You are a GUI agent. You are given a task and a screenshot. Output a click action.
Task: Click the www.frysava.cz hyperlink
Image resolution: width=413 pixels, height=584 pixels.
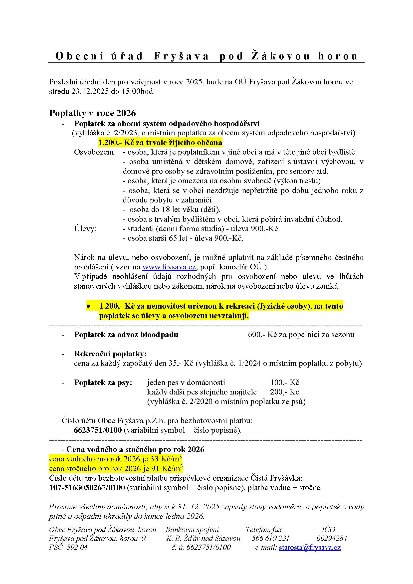point(169,267)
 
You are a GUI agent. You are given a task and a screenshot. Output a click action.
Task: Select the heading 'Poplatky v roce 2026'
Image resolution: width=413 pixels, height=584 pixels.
point(93,113)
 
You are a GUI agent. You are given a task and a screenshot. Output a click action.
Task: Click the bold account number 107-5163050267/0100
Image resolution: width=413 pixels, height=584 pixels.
point(87,488)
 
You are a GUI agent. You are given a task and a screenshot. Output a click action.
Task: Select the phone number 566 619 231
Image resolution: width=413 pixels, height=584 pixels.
point(270,538)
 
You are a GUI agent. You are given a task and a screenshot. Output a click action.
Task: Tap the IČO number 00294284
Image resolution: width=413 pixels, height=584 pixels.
point(332,538)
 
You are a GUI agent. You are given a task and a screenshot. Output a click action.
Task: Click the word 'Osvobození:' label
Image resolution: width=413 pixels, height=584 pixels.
point(95,152)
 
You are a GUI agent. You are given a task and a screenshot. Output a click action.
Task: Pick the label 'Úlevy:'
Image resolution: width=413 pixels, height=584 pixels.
point(85,229)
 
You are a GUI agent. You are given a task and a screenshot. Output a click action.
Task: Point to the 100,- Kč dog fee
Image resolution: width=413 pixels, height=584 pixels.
point(285,382)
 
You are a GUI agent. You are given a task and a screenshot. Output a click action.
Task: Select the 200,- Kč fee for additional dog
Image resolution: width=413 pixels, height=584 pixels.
point(285,392)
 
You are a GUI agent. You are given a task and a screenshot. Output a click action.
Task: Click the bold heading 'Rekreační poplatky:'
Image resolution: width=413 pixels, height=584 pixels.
point(110,354)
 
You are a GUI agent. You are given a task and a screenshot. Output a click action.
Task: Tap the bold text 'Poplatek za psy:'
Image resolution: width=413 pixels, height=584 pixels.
point(103,382)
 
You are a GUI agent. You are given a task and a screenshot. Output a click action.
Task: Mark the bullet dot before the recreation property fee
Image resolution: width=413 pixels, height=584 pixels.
point(88,307)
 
